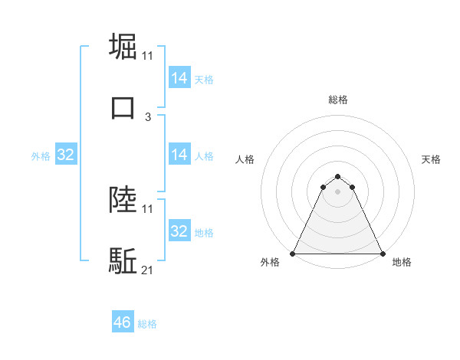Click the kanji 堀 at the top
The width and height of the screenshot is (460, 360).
point(123,46)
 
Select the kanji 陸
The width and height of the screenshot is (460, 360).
point(123,200)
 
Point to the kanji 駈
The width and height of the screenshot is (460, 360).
point(123,260)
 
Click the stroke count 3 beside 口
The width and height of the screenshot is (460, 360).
point(148,116)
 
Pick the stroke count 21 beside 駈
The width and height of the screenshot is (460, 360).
point(148,270)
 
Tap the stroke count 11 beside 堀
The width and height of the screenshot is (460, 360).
point(148,56)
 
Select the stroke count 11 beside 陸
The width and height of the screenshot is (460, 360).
point(148,209)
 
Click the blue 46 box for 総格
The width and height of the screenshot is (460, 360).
point(122,322)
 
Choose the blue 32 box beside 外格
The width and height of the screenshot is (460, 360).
point(65,155)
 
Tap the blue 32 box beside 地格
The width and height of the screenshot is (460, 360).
point(179,231)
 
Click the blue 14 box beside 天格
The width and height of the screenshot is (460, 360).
point(179,78)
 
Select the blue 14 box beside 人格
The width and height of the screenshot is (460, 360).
point(179,155)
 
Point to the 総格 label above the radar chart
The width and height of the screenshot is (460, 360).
point(338,100)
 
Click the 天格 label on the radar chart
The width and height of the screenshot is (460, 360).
point(432,159)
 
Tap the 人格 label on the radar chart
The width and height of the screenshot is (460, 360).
point(245,159)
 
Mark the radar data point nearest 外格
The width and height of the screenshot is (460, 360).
point(293,253)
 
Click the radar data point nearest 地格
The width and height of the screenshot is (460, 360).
point(383,253)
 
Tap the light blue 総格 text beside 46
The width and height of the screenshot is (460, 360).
point(147,324)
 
